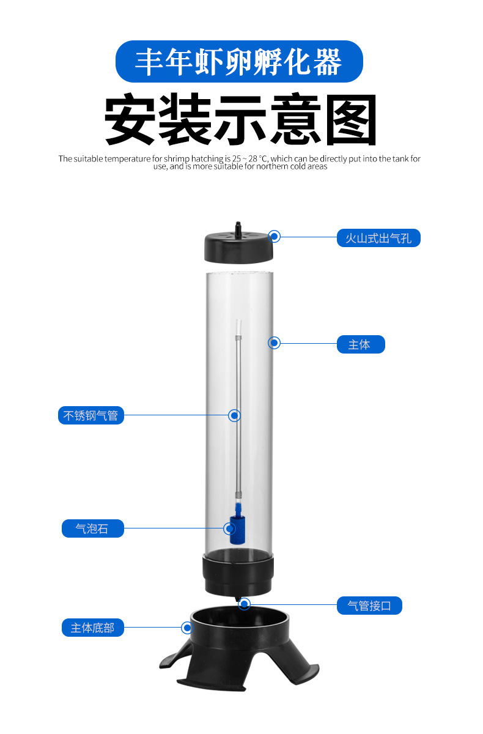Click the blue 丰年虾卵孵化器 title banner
(x=239, y=62)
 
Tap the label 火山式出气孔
(x=378, y=238)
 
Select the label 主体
(x=361, y=344)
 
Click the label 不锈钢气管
(x=90, y=416)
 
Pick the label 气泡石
(x=92, y=528)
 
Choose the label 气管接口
(x=369, y=606)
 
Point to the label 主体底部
(x=92, y=628)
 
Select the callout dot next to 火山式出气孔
(x=275, y=235)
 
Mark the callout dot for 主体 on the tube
(x=275, y=343)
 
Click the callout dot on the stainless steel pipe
(x=234, y=415)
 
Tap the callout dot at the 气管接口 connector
(x=245, y=604)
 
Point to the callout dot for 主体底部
(x=187, y=627)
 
